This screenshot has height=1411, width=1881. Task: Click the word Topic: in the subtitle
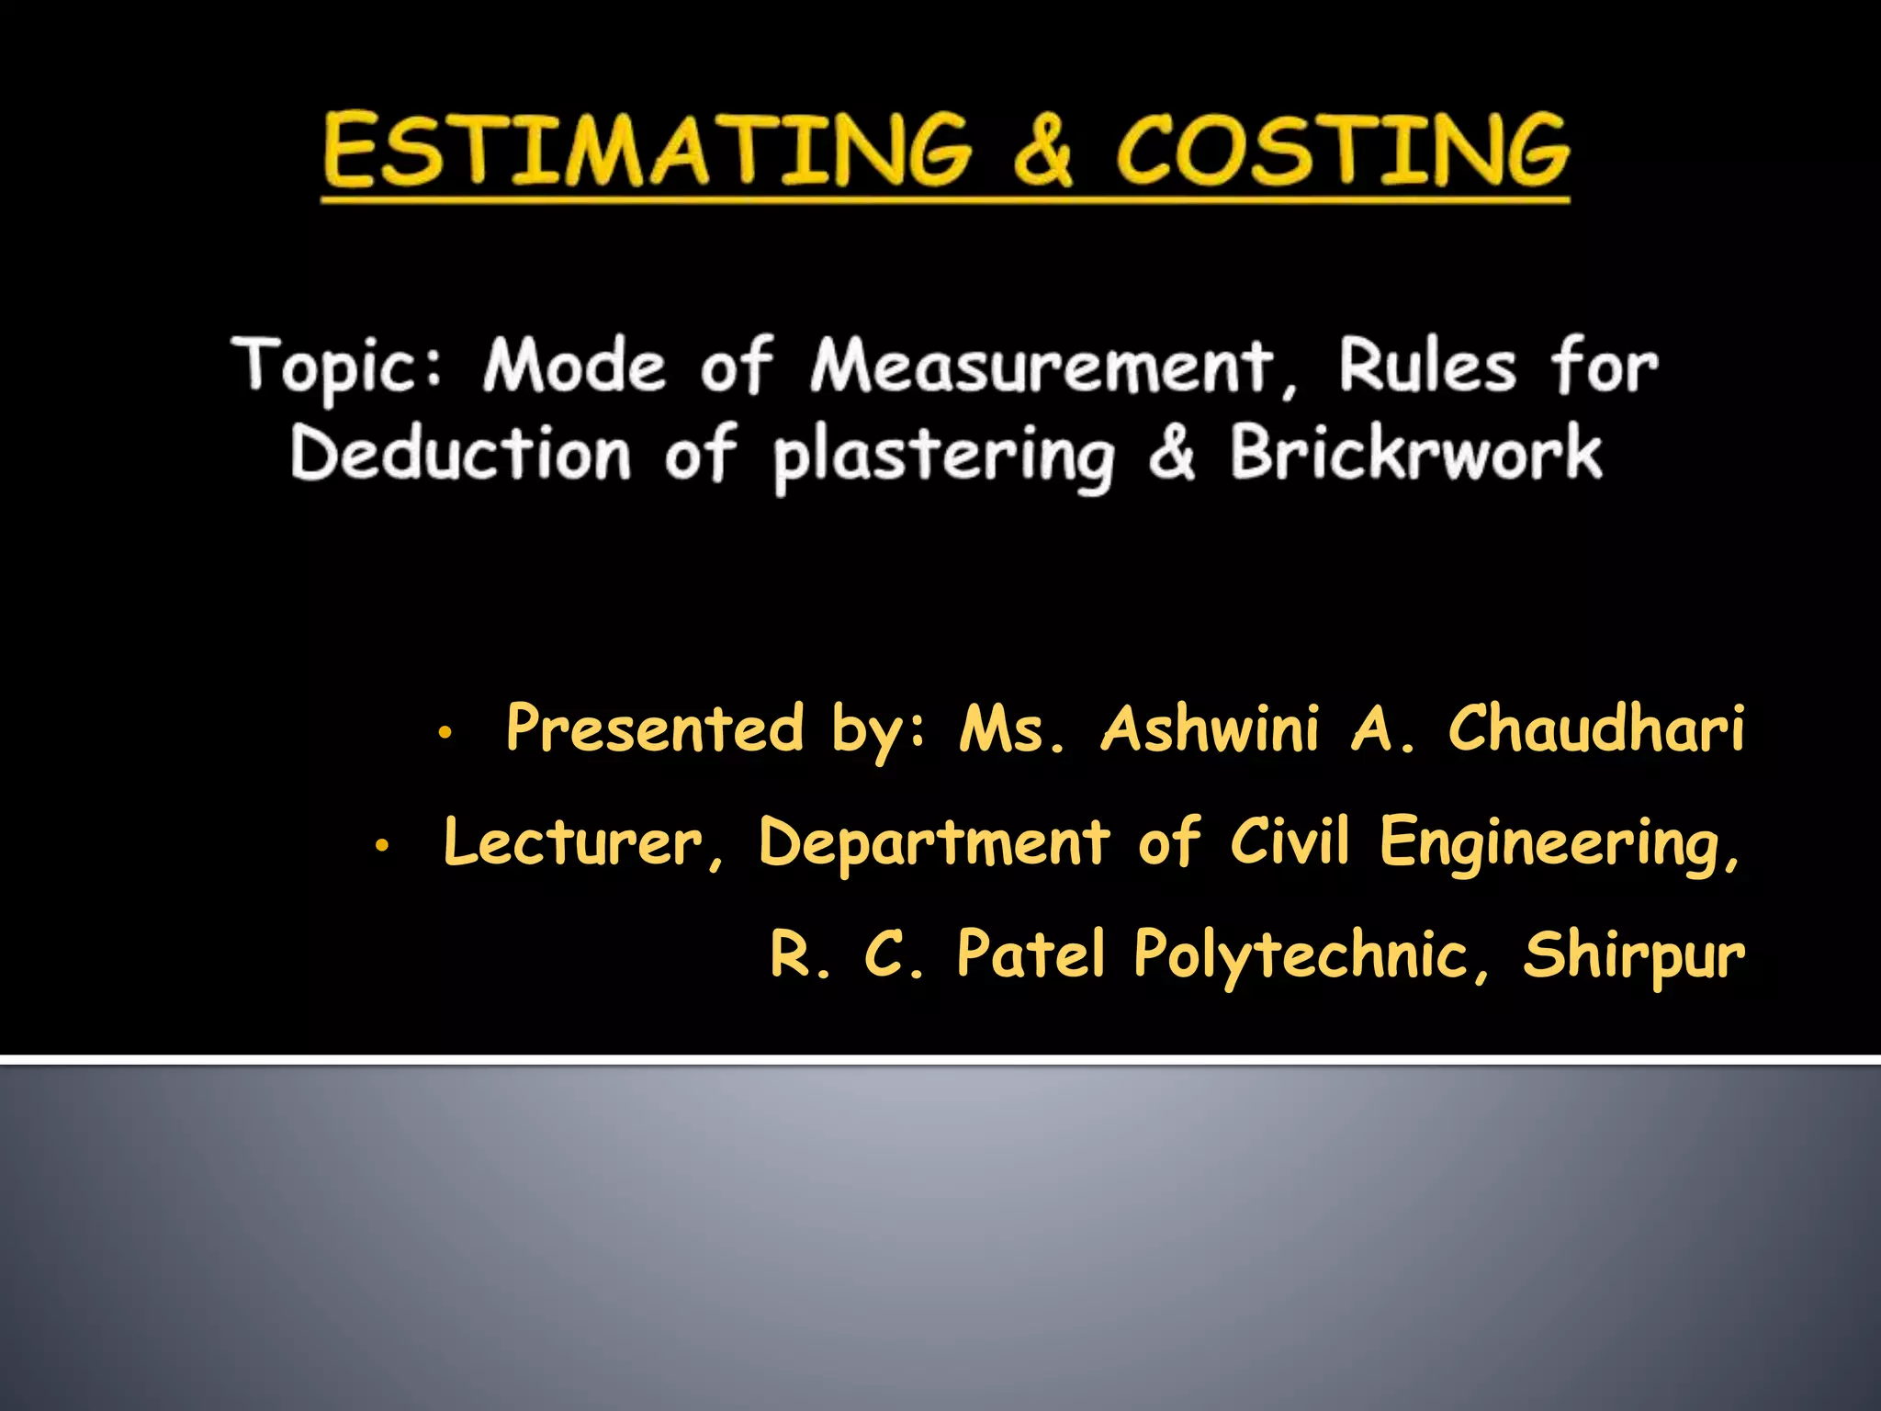(338, 367)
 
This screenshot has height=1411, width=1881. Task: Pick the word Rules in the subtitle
(1426, 367)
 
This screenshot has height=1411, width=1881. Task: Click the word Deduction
(460, 453)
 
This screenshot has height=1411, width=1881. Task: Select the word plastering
(943, 457)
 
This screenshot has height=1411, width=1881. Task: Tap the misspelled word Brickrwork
(1416, 453)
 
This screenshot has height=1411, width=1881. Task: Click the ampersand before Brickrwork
(1172, 453)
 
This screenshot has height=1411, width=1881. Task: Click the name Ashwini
(1210, 728)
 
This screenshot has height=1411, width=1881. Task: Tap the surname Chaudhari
(1596, 728)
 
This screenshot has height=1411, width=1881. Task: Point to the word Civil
(1290, 840)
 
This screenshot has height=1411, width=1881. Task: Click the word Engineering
(1558, 843)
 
